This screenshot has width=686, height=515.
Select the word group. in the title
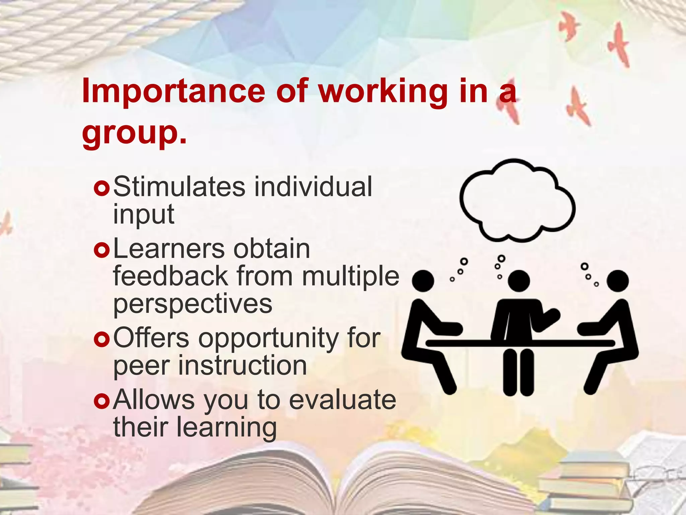(134, 132)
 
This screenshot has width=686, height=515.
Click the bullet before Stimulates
(101, 189)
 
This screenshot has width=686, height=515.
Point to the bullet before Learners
(101, 250)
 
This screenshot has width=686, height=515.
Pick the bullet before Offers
(101, 339)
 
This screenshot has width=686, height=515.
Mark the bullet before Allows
(101, 401)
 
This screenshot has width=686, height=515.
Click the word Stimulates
(179, 187)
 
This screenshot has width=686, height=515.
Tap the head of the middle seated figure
(519, 281)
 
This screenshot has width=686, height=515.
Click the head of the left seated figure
(423, 281)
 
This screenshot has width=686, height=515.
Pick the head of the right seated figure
(617, 281)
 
